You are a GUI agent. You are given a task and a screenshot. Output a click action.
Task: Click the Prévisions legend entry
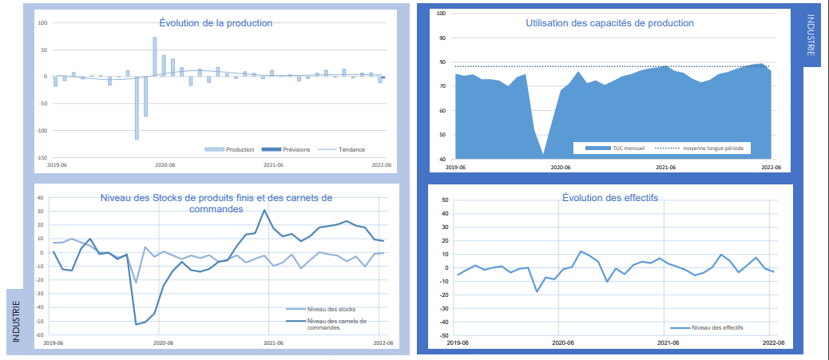click(295, 149)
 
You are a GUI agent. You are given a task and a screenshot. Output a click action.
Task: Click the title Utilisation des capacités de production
click(609, 23)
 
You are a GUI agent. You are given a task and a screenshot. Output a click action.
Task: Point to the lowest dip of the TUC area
click(543, 153)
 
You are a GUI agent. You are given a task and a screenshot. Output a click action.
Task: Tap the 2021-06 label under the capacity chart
click(665, 168)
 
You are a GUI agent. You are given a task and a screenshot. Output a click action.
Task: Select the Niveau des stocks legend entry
click(328, 309)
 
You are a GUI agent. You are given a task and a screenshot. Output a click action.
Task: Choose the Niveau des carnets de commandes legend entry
click(336, 324)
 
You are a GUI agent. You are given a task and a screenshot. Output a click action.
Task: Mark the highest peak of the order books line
click(264, 210)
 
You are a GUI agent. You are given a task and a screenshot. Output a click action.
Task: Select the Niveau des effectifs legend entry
click(716, 327)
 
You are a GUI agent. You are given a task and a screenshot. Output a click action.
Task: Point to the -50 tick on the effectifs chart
click(445, 336)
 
